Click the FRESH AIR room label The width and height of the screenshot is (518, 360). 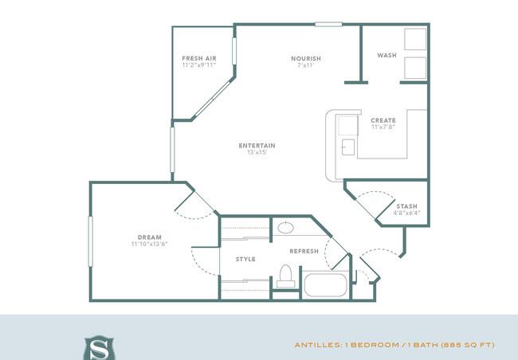199,58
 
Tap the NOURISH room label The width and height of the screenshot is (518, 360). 306,58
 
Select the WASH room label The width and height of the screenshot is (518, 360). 387,55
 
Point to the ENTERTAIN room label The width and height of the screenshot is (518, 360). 257,146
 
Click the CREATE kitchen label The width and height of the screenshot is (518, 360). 383,120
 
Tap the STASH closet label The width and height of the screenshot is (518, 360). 406,206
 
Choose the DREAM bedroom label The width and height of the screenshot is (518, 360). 150,237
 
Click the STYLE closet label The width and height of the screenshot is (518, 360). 245,260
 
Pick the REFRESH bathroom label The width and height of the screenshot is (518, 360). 304,252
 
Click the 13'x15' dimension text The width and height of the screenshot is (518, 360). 257,152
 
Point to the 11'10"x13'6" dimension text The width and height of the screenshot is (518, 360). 150,244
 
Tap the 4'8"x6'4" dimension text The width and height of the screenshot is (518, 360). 406,213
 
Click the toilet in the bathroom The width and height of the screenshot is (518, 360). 286,276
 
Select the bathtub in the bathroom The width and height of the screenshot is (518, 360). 325,284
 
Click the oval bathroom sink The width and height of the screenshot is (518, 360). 286,228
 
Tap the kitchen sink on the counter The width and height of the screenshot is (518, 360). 348,147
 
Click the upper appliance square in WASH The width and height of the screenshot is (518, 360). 415,39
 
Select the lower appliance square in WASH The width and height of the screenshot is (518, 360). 415,68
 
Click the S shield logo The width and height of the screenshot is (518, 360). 99,348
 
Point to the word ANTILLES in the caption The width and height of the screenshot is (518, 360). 318,345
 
